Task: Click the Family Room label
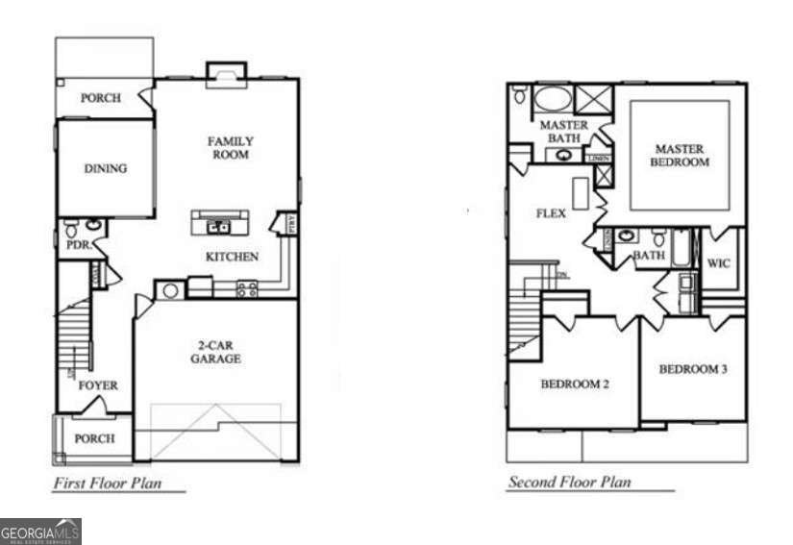230,148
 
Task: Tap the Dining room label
105,168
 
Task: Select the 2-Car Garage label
214,352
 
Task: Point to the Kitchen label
232,257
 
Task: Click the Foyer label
98,385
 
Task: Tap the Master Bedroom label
680,156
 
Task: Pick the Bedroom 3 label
692,369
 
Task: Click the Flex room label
550,213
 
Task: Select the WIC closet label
719,262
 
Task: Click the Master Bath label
564,132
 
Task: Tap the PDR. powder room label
78,245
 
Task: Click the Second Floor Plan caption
569,483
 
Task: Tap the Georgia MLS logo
40,532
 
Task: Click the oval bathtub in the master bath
551,98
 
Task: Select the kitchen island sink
220,227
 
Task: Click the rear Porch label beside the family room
100,97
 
